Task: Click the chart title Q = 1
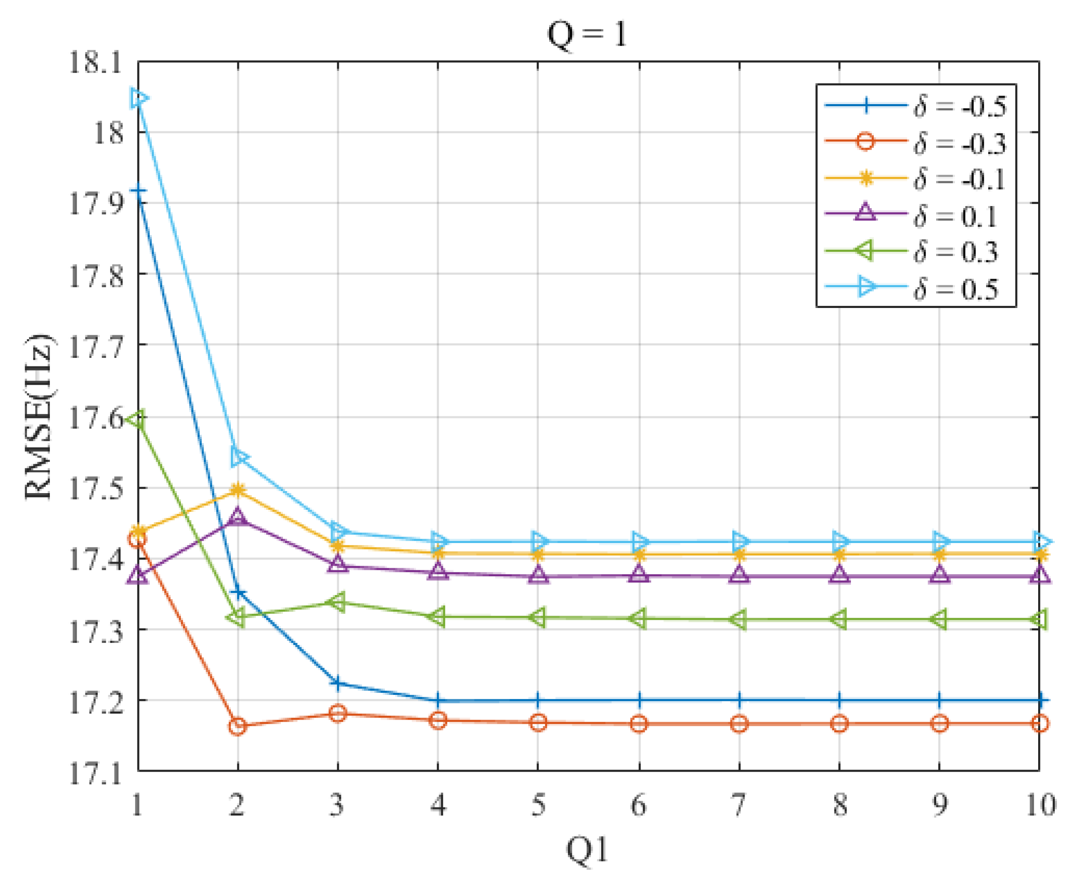(587, 35)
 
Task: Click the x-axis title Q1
(587, 850)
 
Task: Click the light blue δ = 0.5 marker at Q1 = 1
(139, 98)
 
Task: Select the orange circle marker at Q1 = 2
(237, 726)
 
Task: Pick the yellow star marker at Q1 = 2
(237, 491)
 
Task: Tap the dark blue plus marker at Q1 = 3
(337, 683)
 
